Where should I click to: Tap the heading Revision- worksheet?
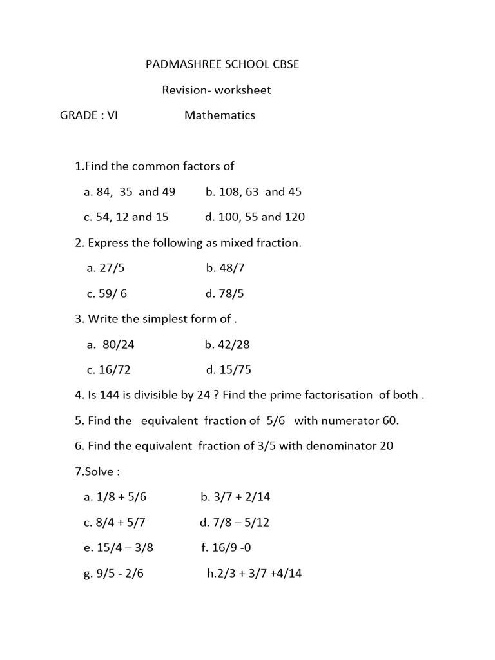[216, 90]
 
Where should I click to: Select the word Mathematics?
[220, 115]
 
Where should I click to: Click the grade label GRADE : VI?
[89, 115]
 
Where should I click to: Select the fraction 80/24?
[118, 344]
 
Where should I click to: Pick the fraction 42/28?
[233, 344]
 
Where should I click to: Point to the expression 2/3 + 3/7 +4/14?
[259, 574]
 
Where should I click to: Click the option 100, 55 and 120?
[261, 217]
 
